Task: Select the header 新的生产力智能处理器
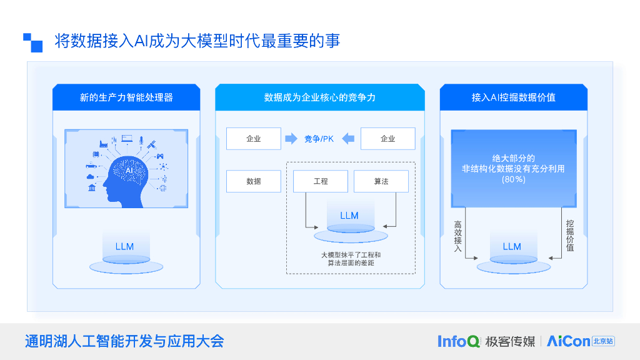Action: point(126,97)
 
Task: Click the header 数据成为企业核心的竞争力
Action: point(319,97)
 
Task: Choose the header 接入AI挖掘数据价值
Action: point(514,97)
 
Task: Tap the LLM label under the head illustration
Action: point(125,246)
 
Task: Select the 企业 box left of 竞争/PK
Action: point(253,139)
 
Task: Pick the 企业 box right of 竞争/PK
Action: point(388,139)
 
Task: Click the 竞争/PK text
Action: point(319,139)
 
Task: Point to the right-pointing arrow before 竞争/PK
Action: point(291,139)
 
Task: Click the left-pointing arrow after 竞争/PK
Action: point(348,139)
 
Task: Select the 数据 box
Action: point(253,181)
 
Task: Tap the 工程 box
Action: point(320,181)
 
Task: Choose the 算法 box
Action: point(381,181)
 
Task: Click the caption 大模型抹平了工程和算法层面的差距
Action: point(350,259)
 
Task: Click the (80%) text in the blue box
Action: point(514,179)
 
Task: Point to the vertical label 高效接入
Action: point(457,236)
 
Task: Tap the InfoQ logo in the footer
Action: point(459,341)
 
